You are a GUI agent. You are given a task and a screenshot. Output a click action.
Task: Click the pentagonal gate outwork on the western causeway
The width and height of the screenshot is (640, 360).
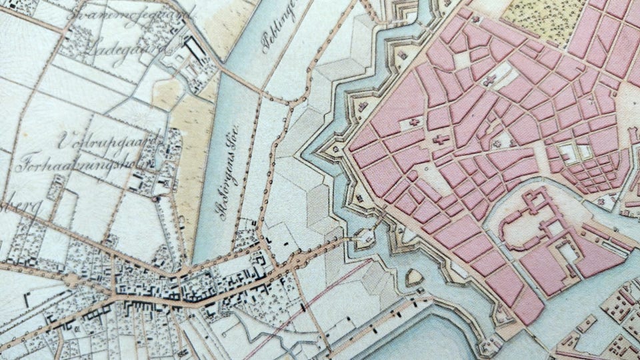click(x=365, y=235)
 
